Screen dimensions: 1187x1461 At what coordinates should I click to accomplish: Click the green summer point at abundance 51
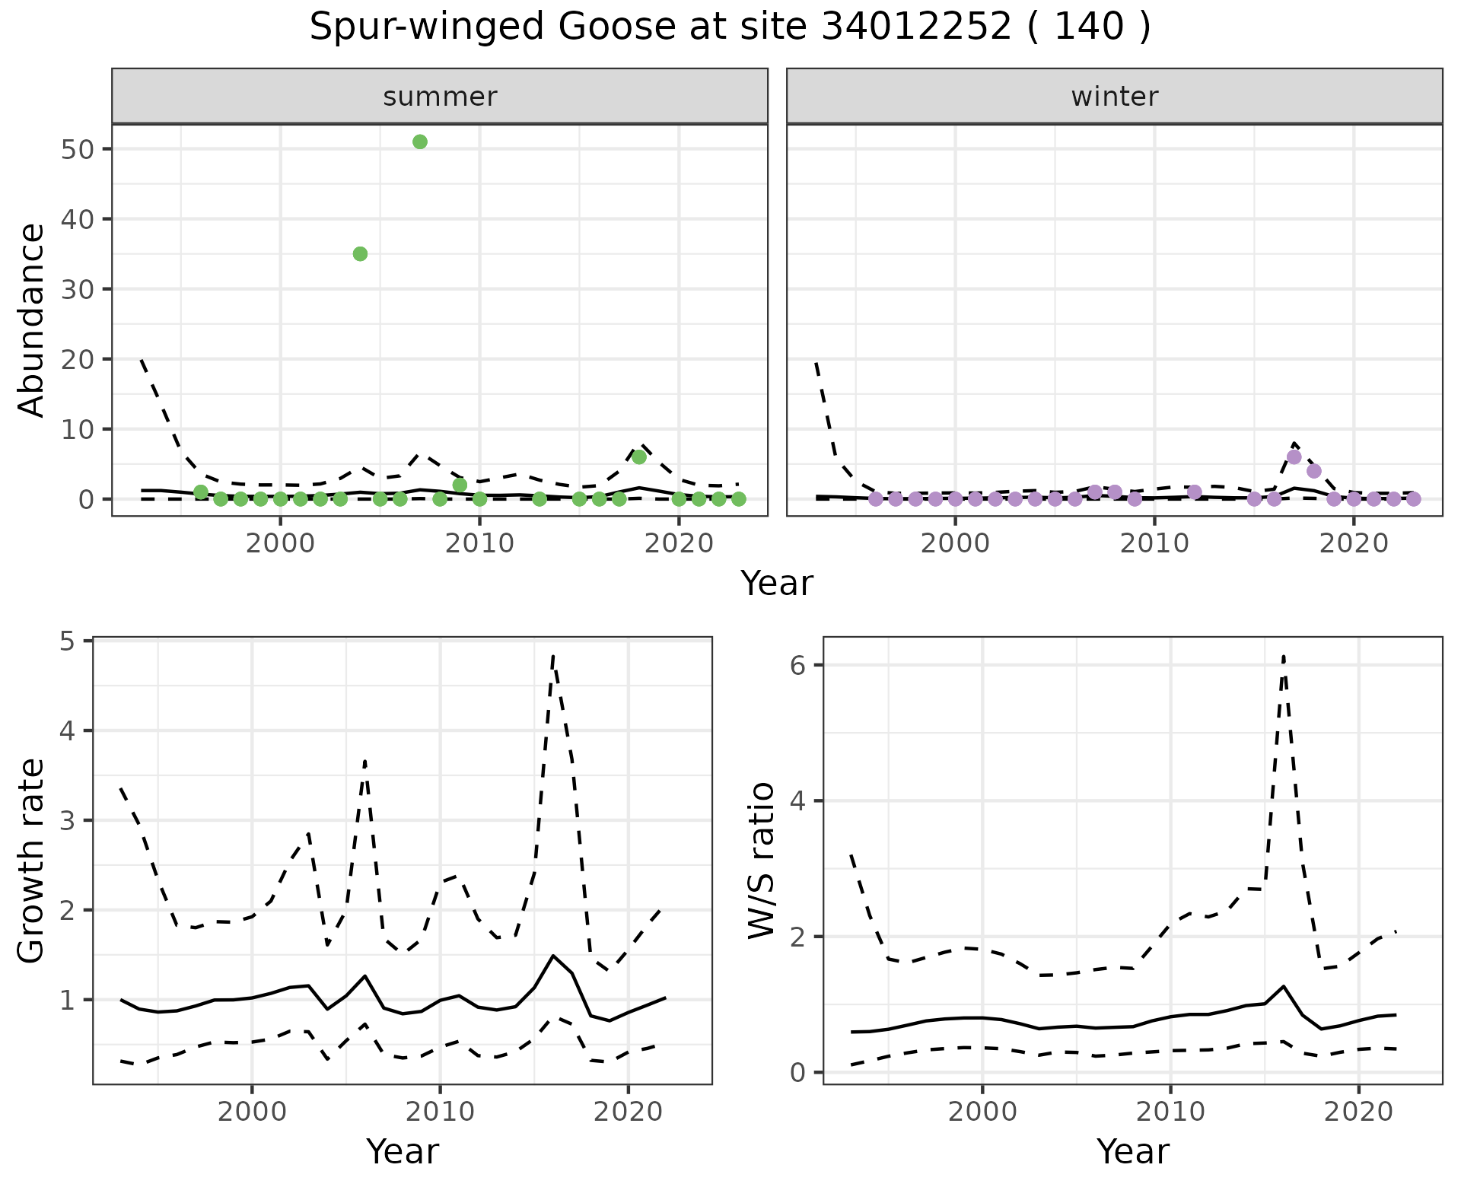tap(419, 142)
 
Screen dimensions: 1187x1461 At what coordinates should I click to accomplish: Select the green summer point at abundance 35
tap(360, 254)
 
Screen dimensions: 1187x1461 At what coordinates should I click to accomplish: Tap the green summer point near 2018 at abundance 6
tap(639, 457)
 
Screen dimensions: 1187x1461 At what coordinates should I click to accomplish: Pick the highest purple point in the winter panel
tap(1294, 457)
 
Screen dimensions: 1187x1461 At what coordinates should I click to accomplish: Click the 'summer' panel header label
tap(440, 97)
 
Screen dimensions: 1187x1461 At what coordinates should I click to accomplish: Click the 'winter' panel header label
tap(1114, 97)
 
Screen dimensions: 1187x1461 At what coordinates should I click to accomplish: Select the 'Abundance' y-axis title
tap(32, 320)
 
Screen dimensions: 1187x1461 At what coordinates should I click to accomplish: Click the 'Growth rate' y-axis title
tap(32, 861)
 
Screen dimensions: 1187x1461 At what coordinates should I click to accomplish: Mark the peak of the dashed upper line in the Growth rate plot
tap(553, 654)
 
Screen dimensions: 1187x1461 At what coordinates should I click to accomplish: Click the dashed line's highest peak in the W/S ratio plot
tap(1284, 656)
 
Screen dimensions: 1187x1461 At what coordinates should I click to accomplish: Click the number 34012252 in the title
tap(916, 28)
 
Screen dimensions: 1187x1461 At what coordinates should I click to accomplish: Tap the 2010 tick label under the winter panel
tap(1154, 544)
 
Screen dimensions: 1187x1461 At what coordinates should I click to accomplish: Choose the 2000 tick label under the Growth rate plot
tap(252, 1112)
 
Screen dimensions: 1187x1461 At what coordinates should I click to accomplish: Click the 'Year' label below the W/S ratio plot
tap(1132, 1152)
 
